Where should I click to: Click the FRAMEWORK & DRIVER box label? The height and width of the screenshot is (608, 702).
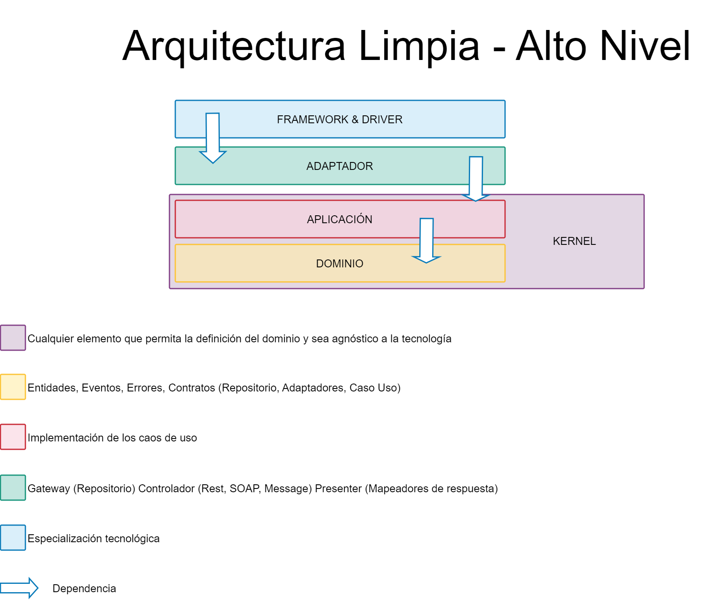340,120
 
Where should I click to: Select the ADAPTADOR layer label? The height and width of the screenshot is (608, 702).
340,166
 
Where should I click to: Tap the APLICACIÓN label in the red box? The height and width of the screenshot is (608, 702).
340,219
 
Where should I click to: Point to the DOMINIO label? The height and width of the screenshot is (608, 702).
340,264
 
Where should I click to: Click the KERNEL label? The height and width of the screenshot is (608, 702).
574,241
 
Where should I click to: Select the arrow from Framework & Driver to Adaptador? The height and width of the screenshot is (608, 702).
213,138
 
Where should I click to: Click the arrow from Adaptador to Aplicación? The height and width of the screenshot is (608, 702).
476,179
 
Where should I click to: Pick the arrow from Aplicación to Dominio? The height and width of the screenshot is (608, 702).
426,240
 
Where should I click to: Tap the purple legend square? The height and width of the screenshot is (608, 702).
13,338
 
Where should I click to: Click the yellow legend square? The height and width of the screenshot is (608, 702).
13,387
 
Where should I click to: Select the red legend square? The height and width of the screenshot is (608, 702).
13,437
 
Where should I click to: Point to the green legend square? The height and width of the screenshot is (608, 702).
13,488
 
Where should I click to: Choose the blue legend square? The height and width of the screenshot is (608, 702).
13,538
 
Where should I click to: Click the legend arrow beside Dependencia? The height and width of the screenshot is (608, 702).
19,588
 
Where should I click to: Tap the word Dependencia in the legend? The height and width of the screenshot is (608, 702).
84,588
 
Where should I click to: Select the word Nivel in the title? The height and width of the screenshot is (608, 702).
645,46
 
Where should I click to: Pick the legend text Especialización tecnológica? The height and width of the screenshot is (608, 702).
94,538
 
